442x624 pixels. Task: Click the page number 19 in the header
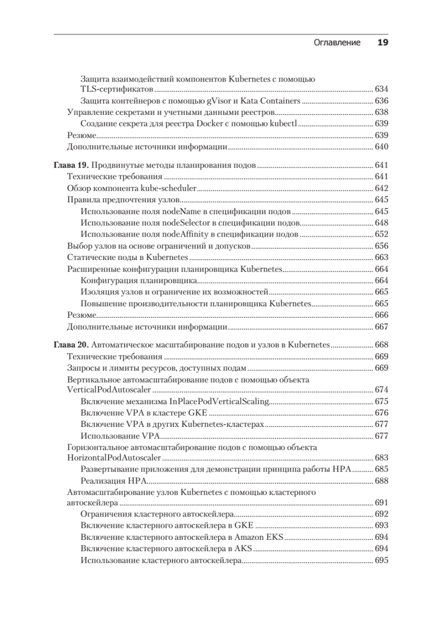[x=383, y=43]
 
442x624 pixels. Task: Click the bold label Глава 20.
[x=71, y=345]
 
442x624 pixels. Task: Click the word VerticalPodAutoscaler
[x=109, y=389]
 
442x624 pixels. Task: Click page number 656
[x=382, y=245]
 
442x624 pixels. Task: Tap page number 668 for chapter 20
[x=382, y=345]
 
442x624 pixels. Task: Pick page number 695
[x=382, y=561]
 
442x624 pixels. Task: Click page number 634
[x=382, y=89]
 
